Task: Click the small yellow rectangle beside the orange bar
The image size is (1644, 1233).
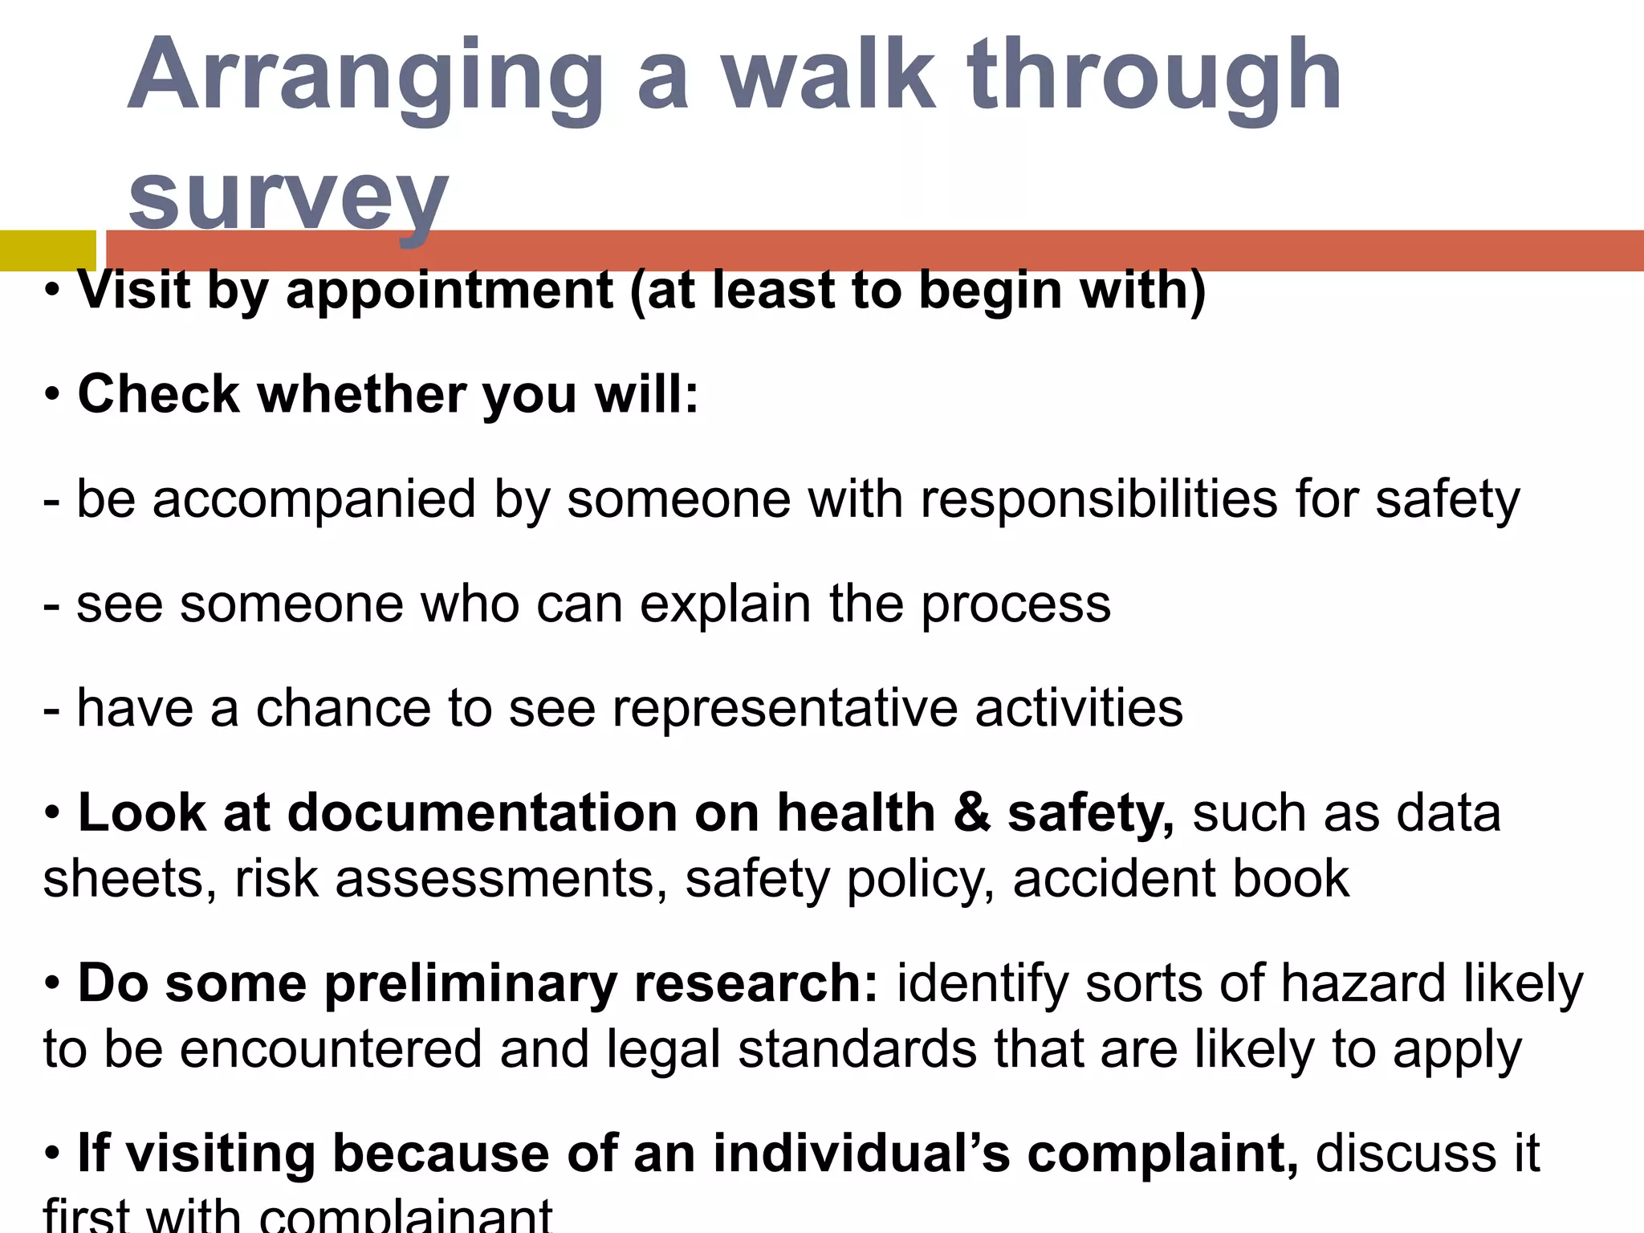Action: [x=47, y=250]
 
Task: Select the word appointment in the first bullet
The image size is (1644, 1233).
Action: [x=450, y=291]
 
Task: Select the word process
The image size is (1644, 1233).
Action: [x=1015, y=604]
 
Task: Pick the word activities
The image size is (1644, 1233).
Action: [x=1079, y=709]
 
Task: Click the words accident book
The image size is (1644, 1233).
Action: [x=1181, y=879]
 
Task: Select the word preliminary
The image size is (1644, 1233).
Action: [x=470, y=984]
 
